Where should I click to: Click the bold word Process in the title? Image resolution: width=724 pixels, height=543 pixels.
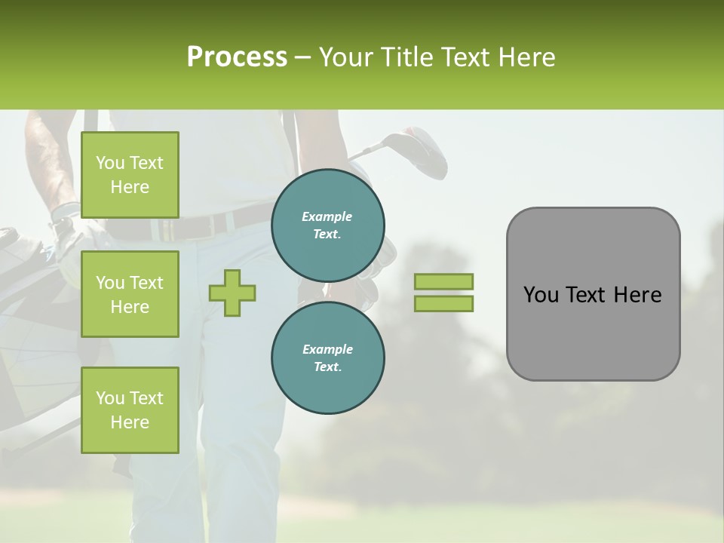click(x=237, y=57)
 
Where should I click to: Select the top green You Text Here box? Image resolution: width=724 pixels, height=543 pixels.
click(x=130, y=175)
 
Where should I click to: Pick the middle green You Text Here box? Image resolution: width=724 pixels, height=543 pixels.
click(x=130, y=294)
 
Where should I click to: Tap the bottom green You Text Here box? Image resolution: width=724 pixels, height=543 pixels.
click(x=130, y=410)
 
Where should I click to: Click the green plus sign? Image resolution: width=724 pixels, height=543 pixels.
click(x=232, y=293)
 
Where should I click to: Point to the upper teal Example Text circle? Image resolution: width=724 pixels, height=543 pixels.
click(x=328, y=225)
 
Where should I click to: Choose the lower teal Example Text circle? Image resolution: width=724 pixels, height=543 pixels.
click(x=328, y=357)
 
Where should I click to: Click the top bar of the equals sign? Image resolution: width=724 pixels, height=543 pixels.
click(x=443, y=282)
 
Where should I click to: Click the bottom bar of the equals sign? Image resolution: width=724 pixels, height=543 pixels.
click(x=443, y=303)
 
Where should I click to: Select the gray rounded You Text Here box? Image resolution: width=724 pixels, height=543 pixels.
click(x=593, y=294)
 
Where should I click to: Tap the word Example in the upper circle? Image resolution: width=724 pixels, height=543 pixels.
click(x=327, y=216)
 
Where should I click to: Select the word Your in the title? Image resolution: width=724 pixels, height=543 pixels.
click(x=345, y=57)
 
